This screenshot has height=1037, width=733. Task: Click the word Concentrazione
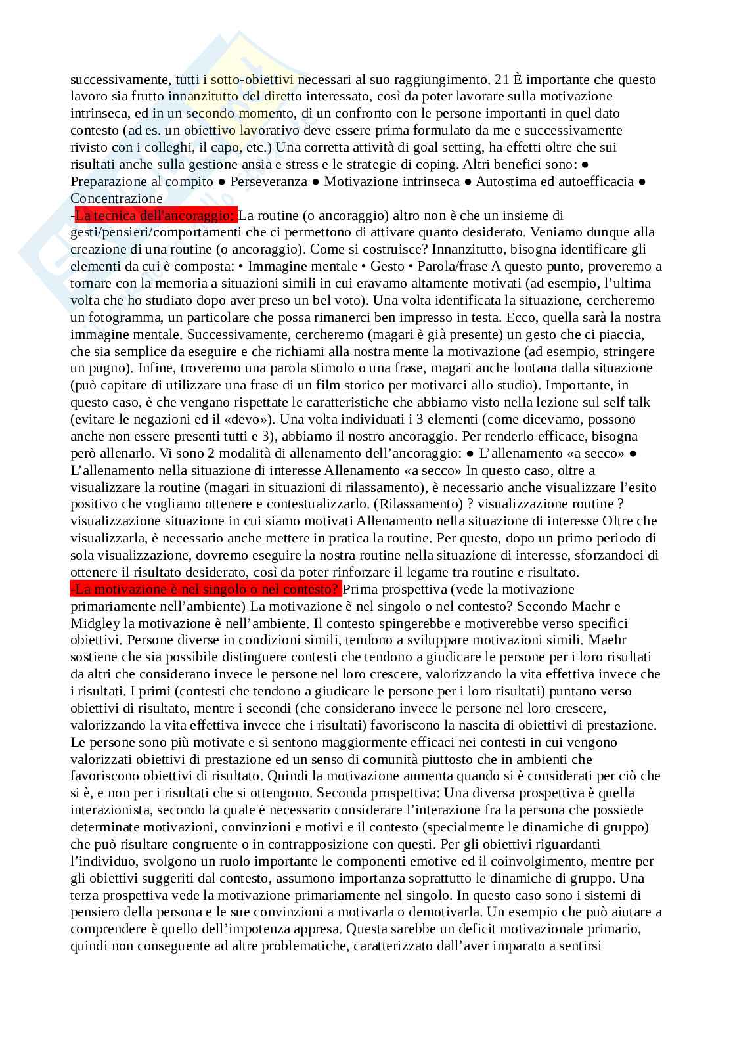(x=116, y=198)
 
